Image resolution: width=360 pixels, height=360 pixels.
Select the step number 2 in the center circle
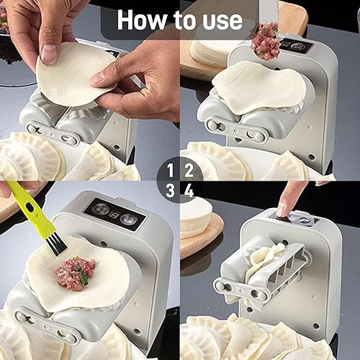pos(189,171)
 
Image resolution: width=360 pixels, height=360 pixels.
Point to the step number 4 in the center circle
pos(189,191)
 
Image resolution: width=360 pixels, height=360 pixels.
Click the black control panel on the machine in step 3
pos(113,215)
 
